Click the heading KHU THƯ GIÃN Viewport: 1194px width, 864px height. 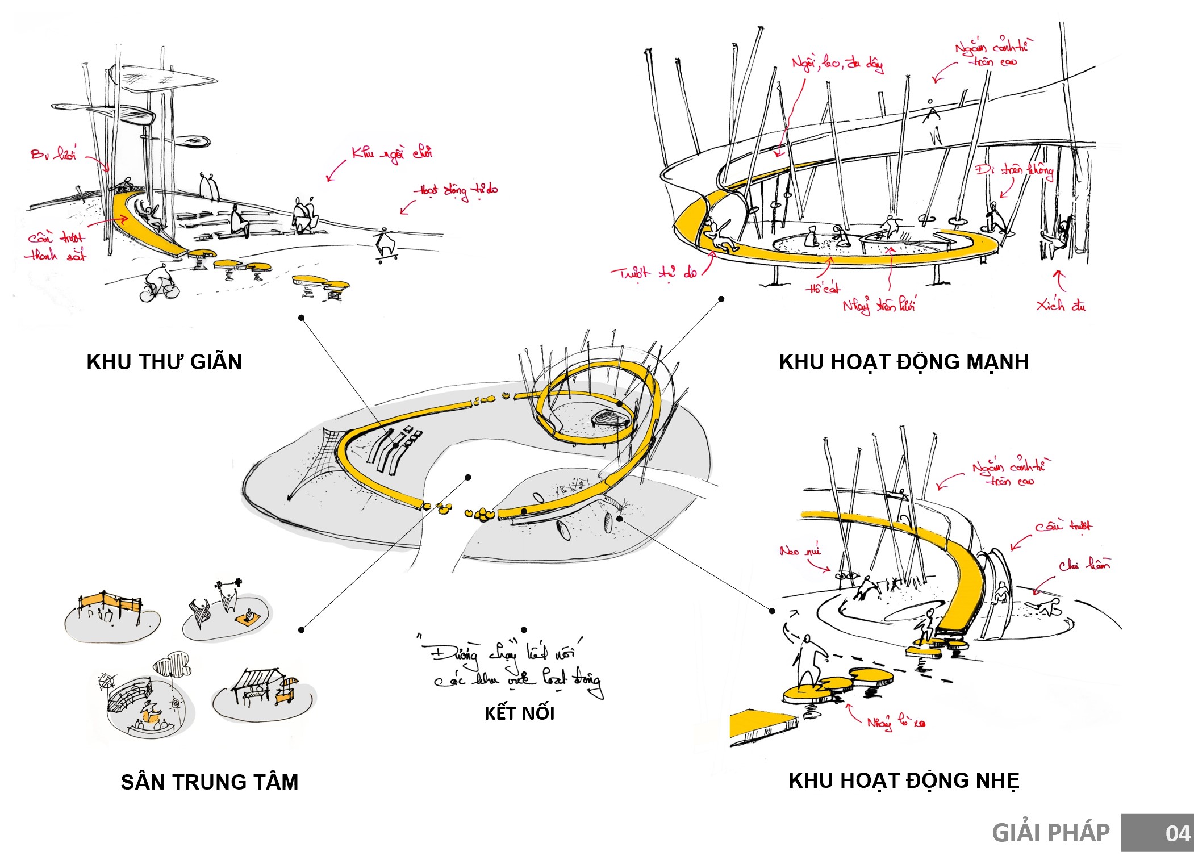click(x=164, y=362)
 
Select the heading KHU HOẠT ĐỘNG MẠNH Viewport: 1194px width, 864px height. click(x=904, y=362)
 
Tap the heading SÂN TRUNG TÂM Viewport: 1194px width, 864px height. click(x=209, y=782)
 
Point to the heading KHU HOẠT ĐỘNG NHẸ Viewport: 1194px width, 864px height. click(x=904, y=780)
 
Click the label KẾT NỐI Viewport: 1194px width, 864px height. click(x=519, y=713)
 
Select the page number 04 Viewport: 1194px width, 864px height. click(x=1177, y=833)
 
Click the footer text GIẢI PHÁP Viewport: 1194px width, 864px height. click(x=1050, y=833)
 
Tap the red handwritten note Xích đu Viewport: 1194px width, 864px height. click(x=1061, y=306)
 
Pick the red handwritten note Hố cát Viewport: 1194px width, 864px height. click(x=823, y=289)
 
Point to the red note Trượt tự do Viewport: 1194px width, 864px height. click(x=653, y=274)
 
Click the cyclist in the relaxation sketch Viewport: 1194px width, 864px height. click(x=159, y=284)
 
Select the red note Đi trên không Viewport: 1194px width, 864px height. click(x=1015, y=170)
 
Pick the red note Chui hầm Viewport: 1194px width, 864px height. click(x=1084, y=565)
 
